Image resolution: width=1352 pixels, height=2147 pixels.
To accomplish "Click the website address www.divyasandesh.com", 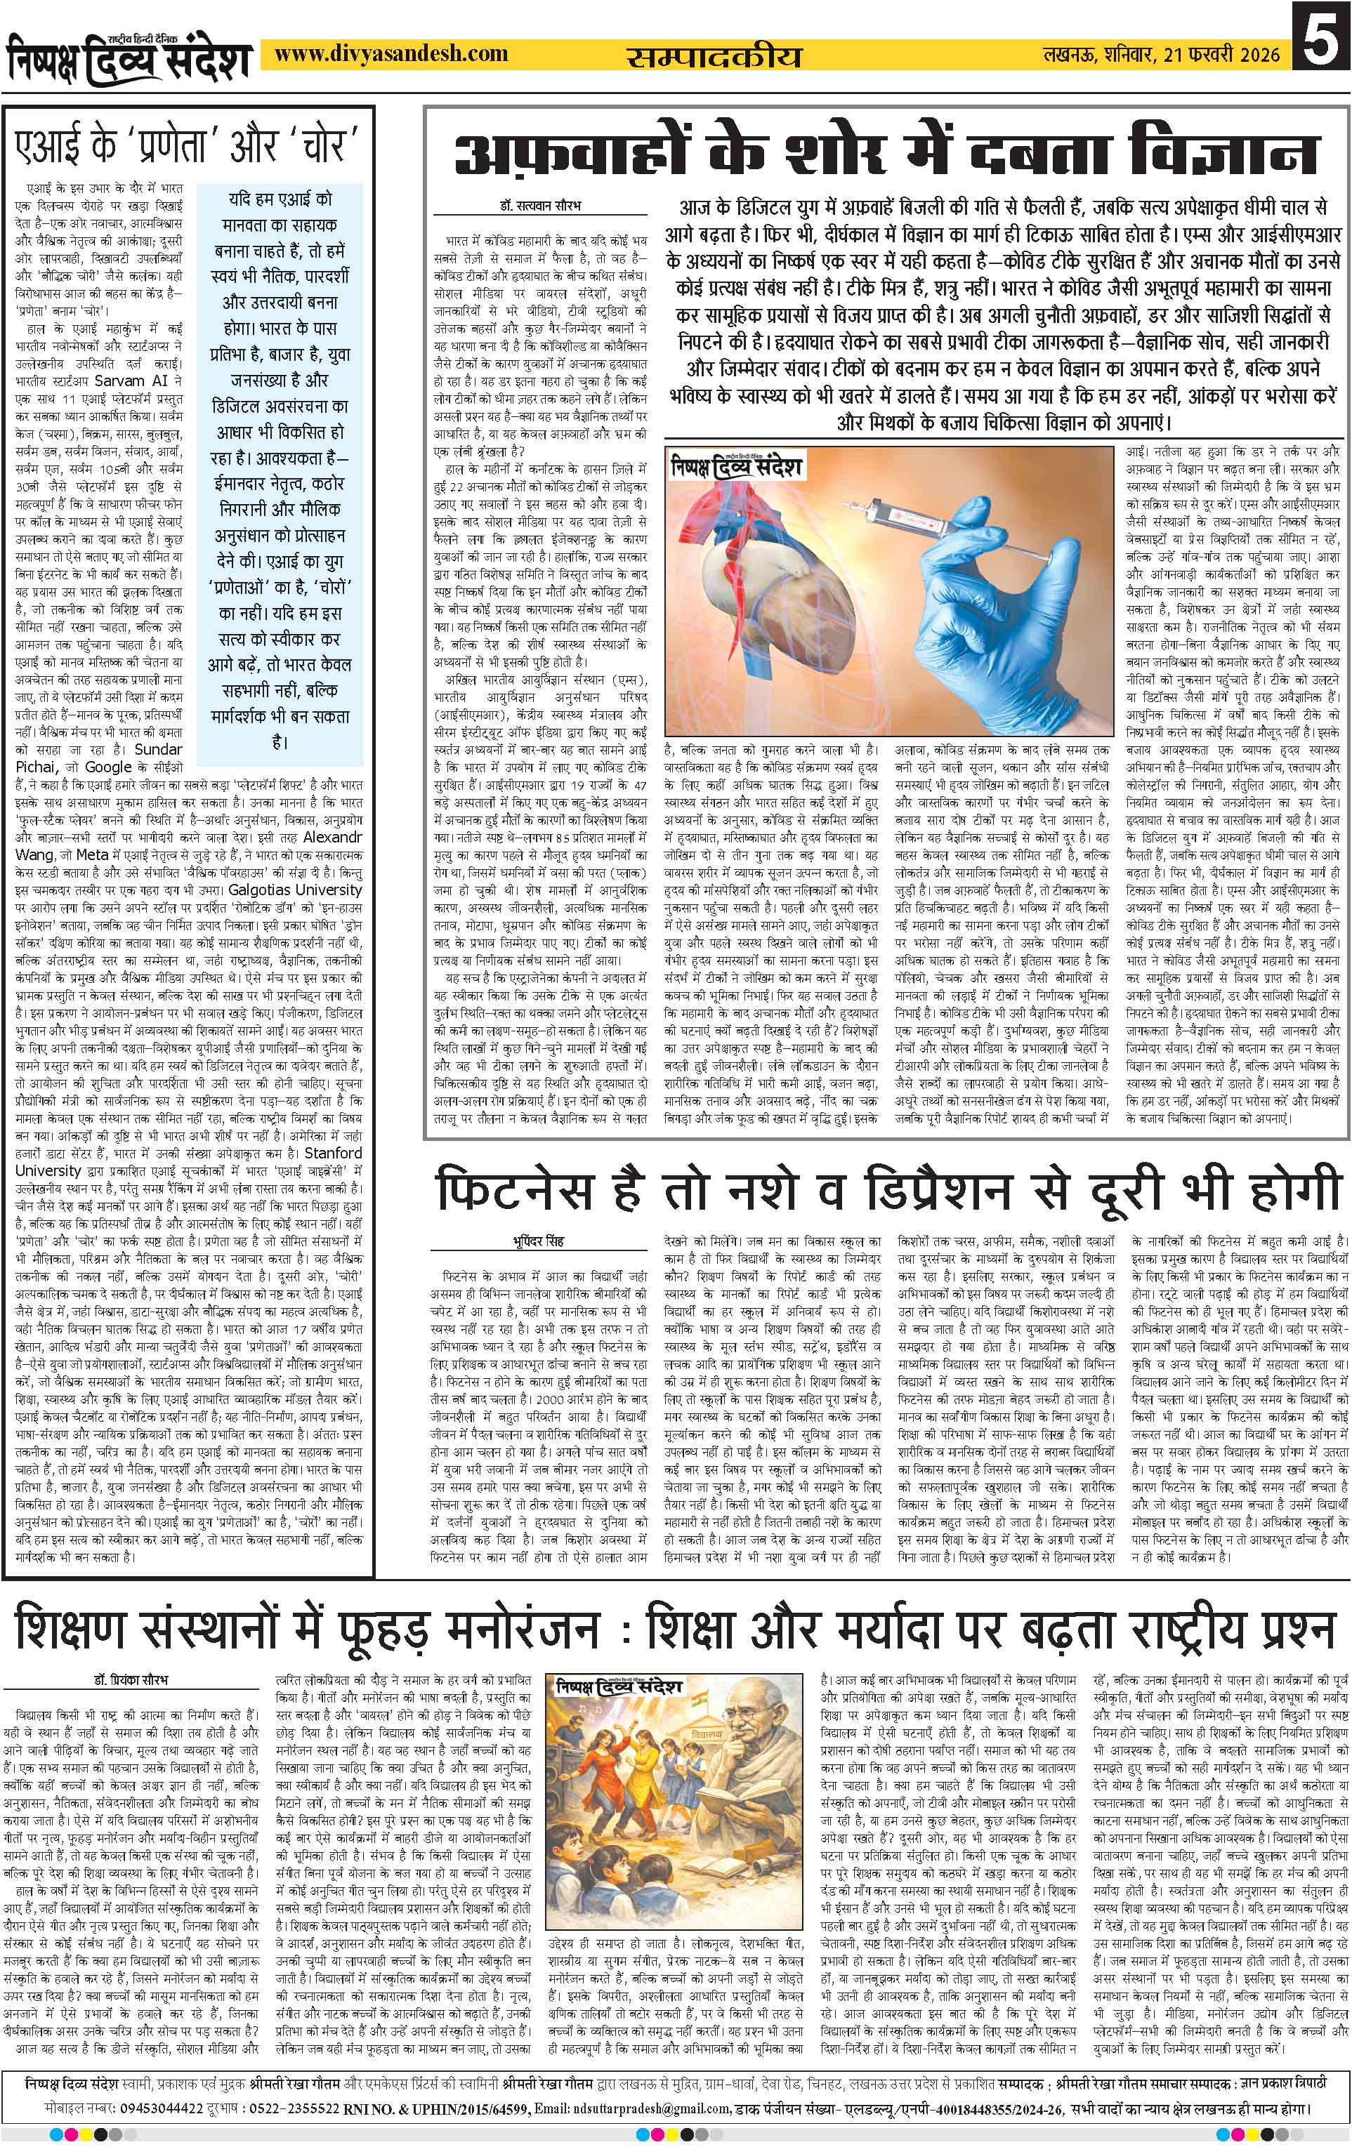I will click(390, 55).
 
